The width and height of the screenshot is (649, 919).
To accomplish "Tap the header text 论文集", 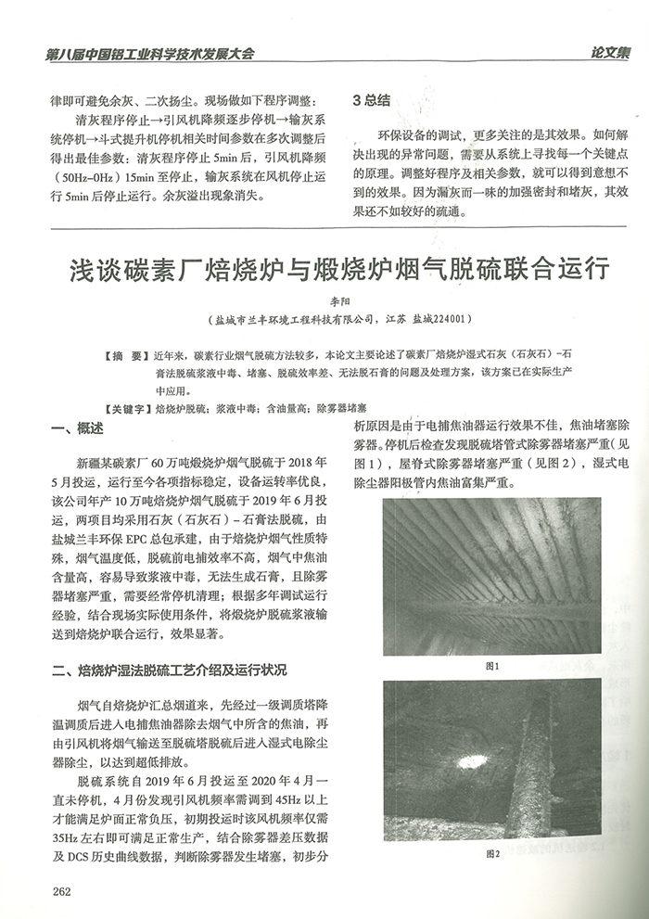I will tap(607, 53).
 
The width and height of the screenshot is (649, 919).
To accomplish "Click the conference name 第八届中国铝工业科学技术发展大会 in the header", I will tap(149, 54).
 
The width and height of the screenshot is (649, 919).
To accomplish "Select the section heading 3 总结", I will tap(372, 99).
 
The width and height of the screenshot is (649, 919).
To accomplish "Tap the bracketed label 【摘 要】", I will tap(124, 355).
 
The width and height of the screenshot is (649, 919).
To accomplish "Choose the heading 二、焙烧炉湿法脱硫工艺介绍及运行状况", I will tap(170, 669).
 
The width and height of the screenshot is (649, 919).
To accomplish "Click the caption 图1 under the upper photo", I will tap(492, 667).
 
